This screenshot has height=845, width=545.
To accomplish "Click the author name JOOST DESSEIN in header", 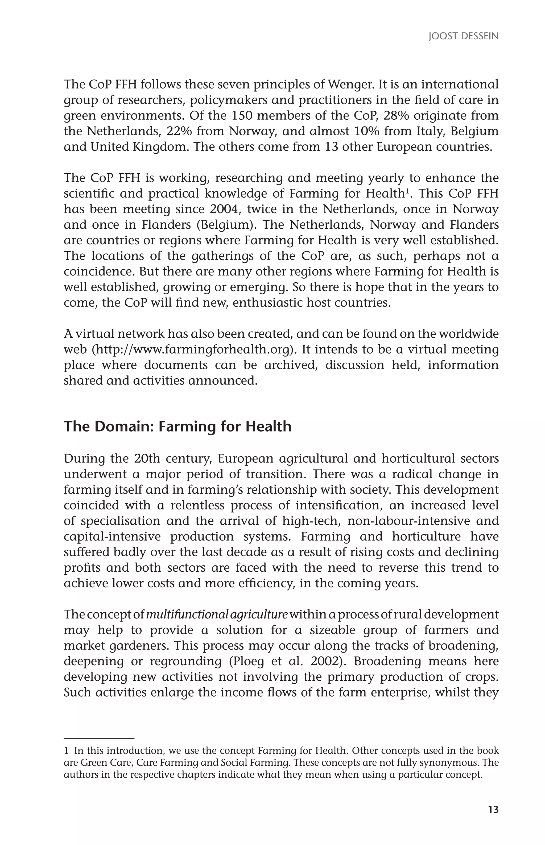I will pos(463,36).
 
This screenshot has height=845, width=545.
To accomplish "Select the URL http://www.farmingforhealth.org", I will pos(193,349).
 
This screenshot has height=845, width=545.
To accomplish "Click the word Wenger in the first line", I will pos(350,85).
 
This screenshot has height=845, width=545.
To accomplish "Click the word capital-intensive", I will pos(112,537).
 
